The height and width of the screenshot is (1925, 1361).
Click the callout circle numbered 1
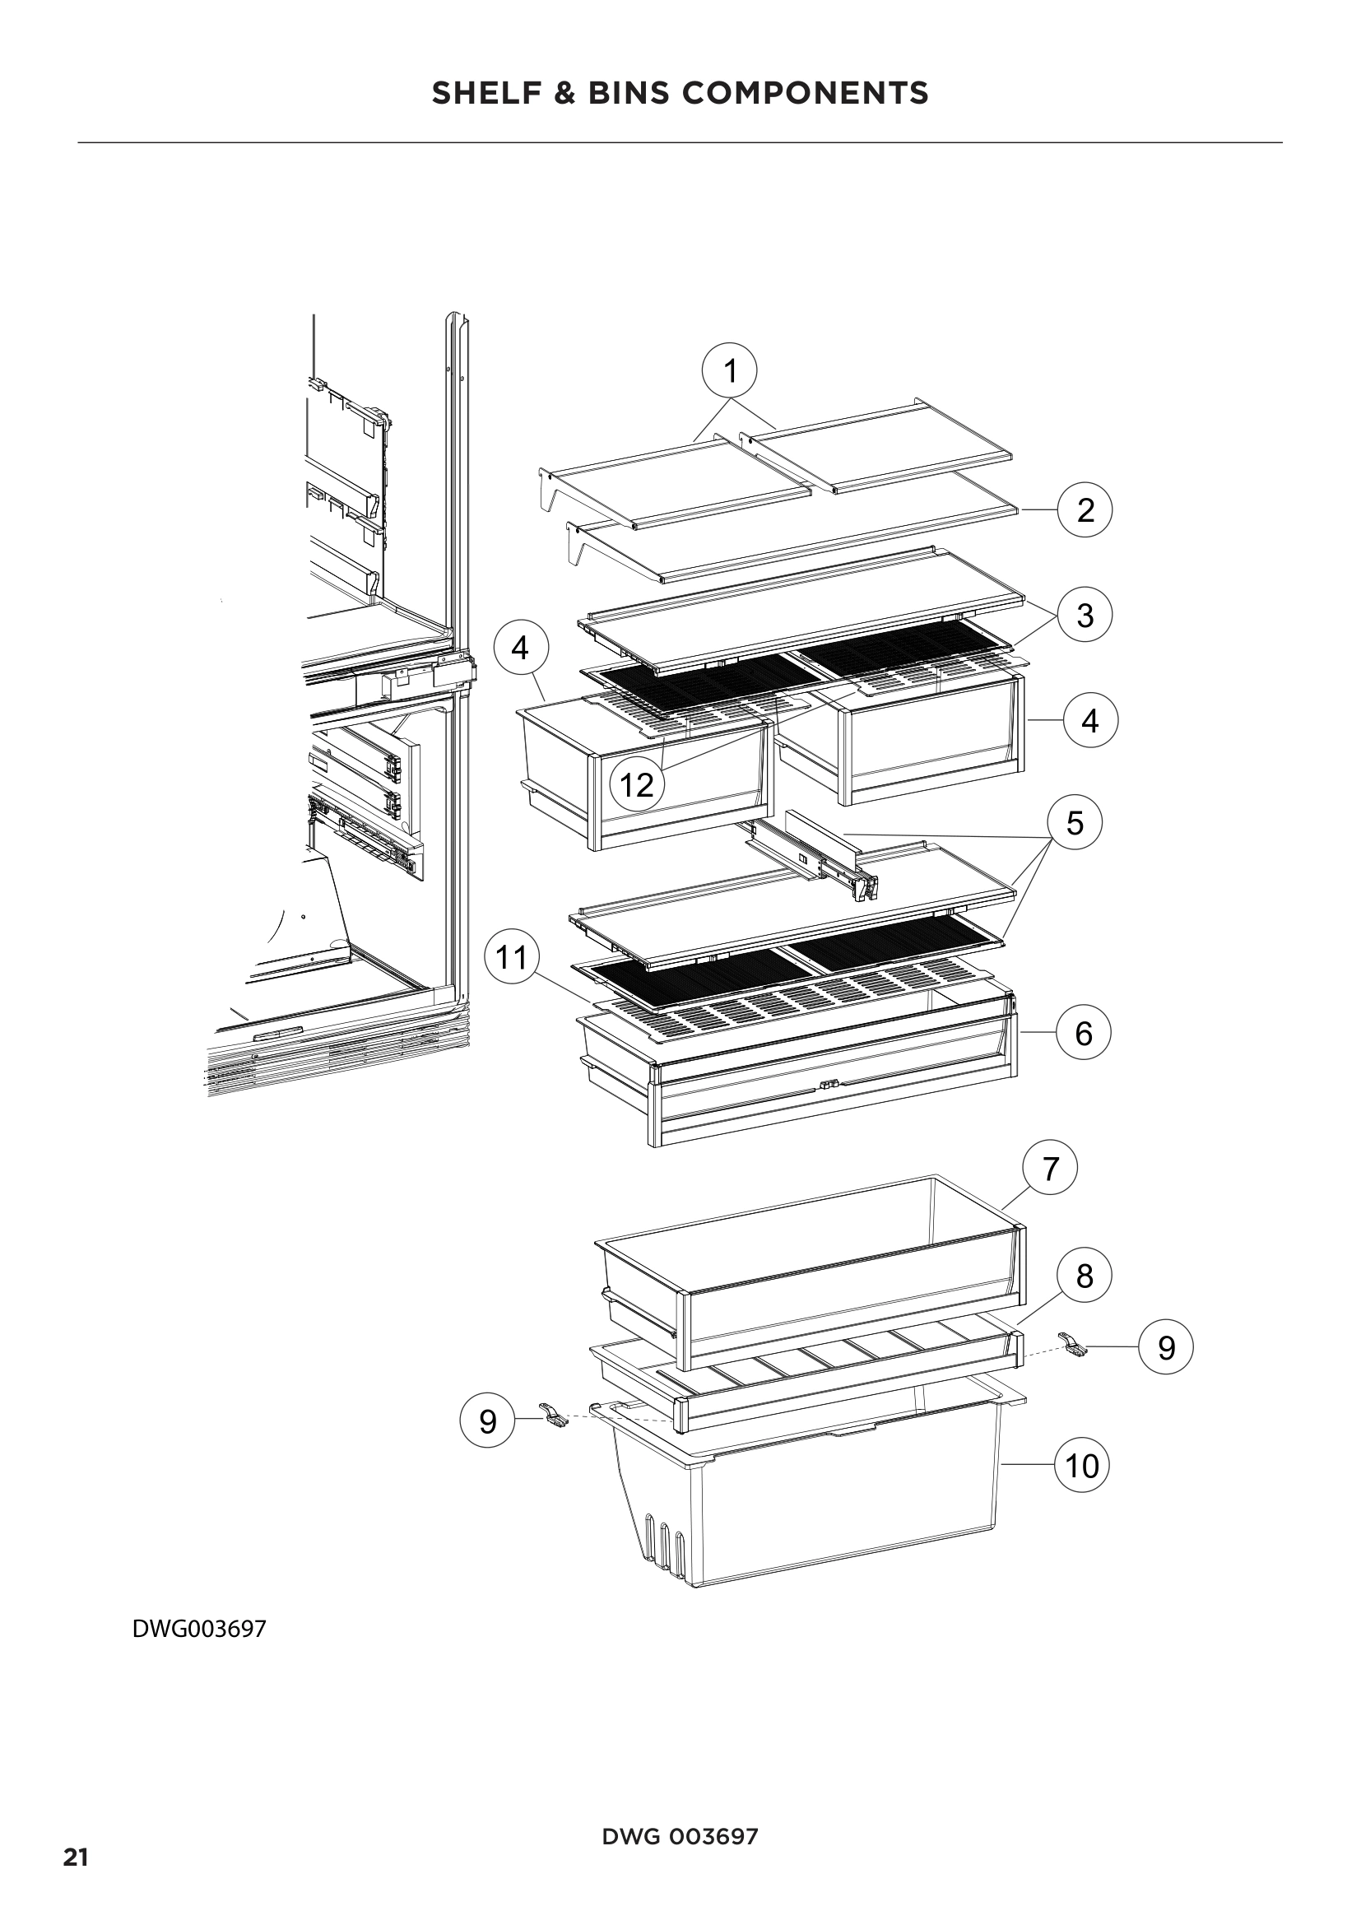[729, 370]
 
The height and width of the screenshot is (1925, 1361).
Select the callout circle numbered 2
[1085, 509]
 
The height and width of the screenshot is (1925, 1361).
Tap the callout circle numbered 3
[1085, 615]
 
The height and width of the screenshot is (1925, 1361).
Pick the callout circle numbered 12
[636, 785]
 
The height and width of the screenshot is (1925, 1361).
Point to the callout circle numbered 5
[1075, 822]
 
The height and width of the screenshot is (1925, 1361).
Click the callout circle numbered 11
[512, 956]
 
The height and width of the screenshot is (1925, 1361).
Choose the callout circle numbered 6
[1083, 1033]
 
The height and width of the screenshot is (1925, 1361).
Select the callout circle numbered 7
[1050, 1168]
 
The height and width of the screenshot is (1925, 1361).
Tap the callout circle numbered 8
[1084, 1276]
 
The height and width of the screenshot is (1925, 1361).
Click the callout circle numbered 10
[1081, 1467]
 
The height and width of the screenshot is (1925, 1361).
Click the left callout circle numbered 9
[488, 1421]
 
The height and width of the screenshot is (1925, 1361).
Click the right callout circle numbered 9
[1166, 1347]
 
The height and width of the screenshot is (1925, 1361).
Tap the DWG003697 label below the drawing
[199, 1629]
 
